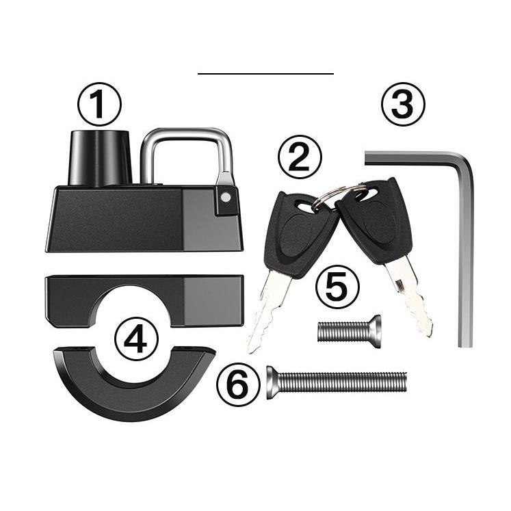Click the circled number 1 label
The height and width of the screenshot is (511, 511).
(x=99, y=104)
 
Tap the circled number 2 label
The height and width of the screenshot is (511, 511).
(x=300, y=157)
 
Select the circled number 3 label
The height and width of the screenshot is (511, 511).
(x=403, y=104)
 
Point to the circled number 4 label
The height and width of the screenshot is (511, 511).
(x=136, y=339)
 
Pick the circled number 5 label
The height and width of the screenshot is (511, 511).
(x=338, y=287)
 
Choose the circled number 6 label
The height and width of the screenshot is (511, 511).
(x=239, y=384)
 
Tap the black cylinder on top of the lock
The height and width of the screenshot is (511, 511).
(x=100, y=158)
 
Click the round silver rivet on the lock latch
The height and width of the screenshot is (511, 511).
(x=226, y=197)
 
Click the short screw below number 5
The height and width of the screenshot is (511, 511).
(x=349, y=332)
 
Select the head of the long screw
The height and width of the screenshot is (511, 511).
(x=272, y=382)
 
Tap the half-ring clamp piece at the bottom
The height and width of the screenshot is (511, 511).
(x=133, y=391)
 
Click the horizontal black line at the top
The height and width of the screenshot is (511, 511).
(x=265, y=74)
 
